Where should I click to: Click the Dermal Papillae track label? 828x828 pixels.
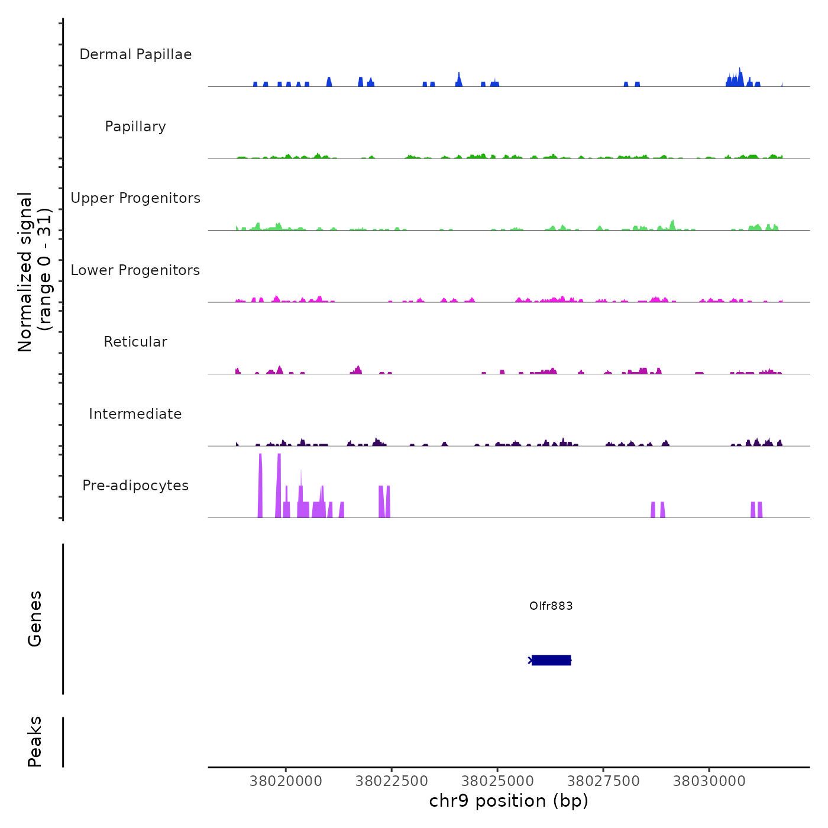(x=135, y=54)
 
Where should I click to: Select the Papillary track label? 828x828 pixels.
(x=135, y=127)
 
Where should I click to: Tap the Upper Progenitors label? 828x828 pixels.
(x=135, y=198)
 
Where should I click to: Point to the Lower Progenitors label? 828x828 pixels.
(x=135, y=270)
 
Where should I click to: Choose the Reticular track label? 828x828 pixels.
(x=135, y=342)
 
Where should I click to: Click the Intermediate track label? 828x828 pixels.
(x=135, y=414)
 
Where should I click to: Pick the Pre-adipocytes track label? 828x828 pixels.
(x=135, y=486)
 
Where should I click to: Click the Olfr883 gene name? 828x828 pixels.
(x=551, y=606)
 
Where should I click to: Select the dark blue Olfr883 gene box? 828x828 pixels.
(x=551, y=660)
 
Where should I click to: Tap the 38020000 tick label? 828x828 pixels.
(x=286, y=781)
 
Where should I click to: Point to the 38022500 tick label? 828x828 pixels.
(x=392, y=781)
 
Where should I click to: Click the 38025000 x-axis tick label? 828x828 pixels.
(x=497, y=781)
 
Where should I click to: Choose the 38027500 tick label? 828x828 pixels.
(x=603, y=781)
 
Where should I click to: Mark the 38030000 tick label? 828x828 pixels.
(x=709, y=781)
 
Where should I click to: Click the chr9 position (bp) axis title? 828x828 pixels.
(x=509, y=801)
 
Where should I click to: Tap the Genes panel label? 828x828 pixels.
(x=35, y=619)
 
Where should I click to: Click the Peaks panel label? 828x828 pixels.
(x=35, y=742)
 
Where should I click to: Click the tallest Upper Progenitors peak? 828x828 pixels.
(x=672, y=225)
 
